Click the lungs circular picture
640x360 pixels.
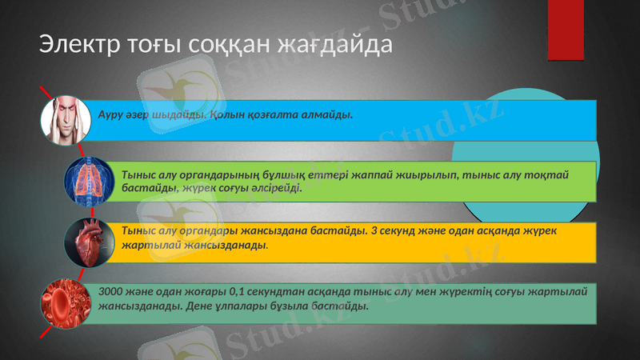(90, 180)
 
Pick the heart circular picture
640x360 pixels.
(90, 241)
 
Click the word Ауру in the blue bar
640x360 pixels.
(110, 114)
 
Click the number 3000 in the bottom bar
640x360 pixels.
(110, 292)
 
